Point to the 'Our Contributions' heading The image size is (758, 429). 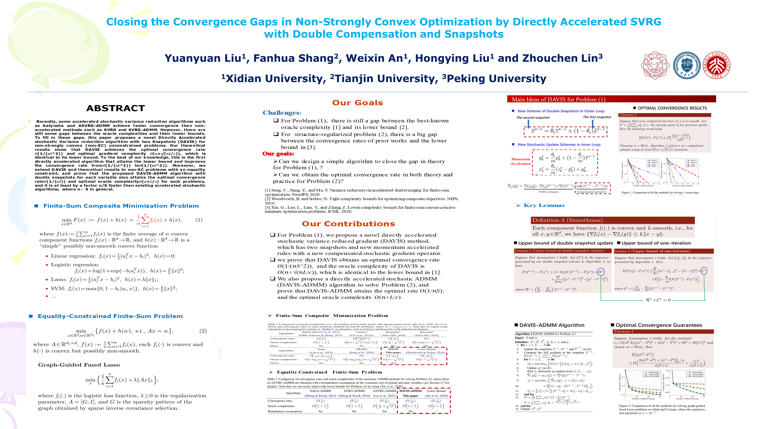(x=348, y=224)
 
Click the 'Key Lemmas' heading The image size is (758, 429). (x=544, y=205)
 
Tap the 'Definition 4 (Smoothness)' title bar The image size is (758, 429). (x=612, y=220)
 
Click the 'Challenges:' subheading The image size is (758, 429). (x=282, y=113)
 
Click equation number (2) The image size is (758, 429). (x=203, y=331)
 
